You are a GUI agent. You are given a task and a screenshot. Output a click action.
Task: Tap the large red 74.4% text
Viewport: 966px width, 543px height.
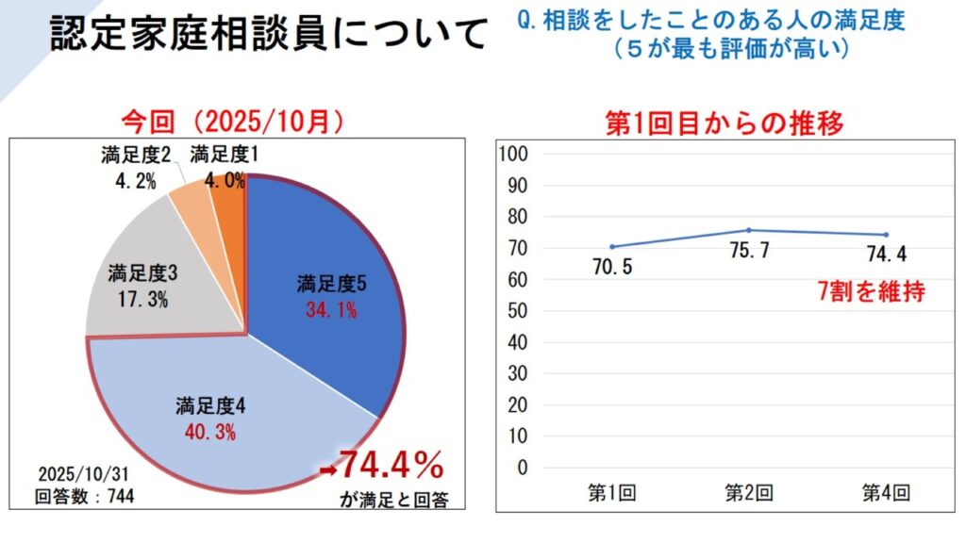[391, 466]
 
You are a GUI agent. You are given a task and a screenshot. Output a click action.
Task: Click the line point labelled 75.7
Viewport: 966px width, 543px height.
[748, 230]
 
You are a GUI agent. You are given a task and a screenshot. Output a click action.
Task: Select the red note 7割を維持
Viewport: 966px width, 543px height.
[870, 292]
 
